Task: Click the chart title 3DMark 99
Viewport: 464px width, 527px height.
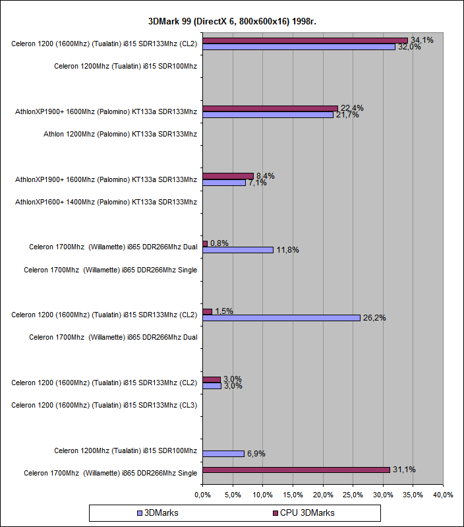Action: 231,20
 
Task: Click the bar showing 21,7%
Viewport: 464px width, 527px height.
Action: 268,115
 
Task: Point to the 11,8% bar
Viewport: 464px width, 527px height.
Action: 238,250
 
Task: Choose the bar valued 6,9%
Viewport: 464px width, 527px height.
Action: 223,454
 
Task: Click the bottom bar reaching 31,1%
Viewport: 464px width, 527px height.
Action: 296,470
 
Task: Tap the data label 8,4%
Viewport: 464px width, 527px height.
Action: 265,176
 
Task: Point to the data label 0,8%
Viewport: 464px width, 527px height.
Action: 219,243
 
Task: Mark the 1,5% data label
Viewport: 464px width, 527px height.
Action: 224,311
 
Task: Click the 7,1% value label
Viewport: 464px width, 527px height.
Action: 257,183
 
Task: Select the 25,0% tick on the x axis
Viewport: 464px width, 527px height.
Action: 353,495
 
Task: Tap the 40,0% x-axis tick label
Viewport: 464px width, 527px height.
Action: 443,495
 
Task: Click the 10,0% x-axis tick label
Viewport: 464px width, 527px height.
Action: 262,495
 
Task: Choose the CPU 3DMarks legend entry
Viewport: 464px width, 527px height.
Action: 304,512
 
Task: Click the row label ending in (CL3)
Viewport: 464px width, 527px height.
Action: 104,405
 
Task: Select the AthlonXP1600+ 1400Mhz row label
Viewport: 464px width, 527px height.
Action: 106,202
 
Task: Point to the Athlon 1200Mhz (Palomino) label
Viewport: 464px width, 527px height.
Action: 120,134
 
